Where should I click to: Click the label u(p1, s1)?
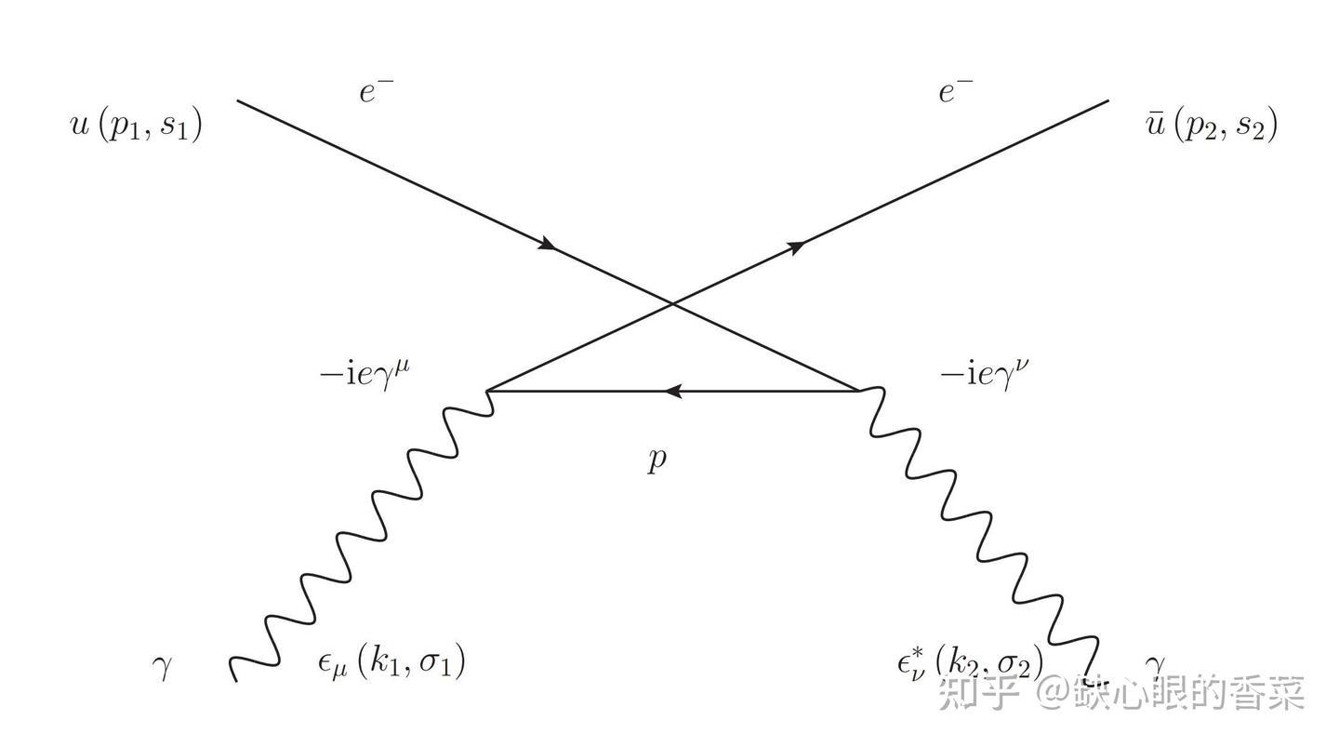[x=137, y=125]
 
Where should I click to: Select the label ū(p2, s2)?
[x=1213, y=125]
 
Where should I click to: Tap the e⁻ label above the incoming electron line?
[x=378, y=92]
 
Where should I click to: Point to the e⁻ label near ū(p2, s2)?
[x=956, y=92]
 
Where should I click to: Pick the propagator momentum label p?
[x=657, y=460]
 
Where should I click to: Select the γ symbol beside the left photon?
[x=164, y=667]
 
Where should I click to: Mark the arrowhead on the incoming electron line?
[x=548, y=245]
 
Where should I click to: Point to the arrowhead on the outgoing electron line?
[x=796, y=246]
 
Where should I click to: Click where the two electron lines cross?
[x=673, y=303]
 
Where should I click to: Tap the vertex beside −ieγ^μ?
[x=488, y=391]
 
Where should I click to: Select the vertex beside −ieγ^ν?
[x=857, y=391]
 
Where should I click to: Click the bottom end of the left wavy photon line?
[x=235, y=680]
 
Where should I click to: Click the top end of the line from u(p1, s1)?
[x=239, y=100]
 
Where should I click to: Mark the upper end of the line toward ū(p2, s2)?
[x=1108, y=100]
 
